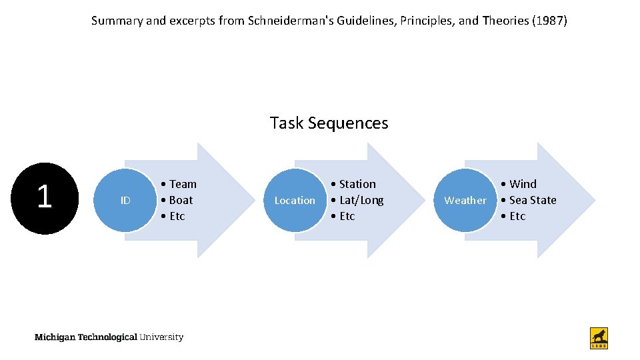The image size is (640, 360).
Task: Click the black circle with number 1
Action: coord(45,198)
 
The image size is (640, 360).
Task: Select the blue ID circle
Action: coord(125,200)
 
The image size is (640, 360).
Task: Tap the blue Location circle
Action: coord(295,200)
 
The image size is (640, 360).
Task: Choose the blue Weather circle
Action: coord(465,200)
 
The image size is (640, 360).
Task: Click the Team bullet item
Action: coord(179,184)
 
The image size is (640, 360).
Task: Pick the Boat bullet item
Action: coord(177,200)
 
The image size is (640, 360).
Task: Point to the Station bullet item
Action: coord(353,184)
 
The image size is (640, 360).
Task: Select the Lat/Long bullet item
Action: coord(357,200)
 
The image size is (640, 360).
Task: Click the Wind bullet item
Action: coord(519,184)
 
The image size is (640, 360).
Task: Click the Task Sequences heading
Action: coord(329,123)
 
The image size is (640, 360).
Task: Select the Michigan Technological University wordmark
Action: coord(109,337)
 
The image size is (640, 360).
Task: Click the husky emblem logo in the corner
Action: coord(599,337)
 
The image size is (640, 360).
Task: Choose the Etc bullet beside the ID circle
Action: coord(173,216)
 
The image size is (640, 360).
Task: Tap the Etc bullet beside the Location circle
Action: coord(343,216)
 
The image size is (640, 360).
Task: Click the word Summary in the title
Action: coord(117,21)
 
